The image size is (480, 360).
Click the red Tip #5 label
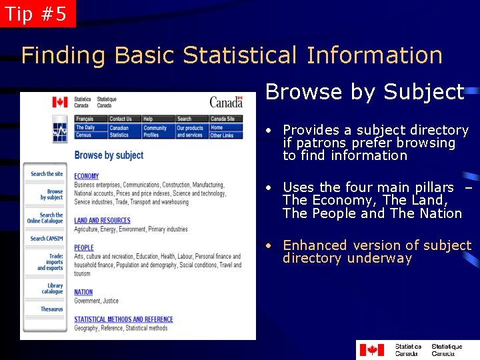pos(37,14)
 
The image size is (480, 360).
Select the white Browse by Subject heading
pos(364,92)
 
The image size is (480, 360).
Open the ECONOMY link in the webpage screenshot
pos(87,177)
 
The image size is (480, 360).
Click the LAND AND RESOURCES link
pos(102,221)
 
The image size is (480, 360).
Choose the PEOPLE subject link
pos(84,247)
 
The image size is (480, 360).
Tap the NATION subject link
pos(83,292)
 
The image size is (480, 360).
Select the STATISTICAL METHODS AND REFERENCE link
pos(123,319)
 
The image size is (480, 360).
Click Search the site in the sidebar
pos(47,174)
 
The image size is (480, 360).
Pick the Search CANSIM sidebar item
pos(47,238)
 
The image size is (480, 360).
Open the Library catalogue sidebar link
pos(51,289)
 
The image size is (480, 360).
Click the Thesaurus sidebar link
pos(51,309)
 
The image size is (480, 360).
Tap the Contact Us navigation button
pos(121,119)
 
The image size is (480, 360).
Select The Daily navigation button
pos(85,127)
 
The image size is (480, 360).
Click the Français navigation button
pos(85,119)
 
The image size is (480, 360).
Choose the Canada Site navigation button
pos(223,119)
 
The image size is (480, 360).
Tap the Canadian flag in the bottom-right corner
pos(371,349)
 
